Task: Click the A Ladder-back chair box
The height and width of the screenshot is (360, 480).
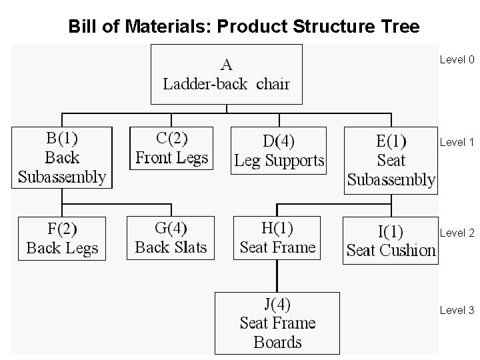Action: [x=227, y=74]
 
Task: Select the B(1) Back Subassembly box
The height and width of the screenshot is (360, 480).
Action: [x=62, y=158]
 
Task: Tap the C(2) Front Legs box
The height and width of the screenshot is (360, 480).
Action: [x=171, y=148]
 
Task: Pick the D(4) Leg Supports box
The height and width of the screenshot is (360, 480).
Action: [x=279, y=151]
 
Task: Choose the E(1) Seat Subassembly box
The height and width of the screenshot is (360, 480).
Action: [x=391, y=160]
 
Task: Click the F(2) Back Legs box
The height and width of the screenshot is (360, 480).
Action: [x=62, y=238]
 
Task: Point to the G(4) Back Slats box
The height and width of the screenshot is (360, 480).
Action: [x=171, y=237]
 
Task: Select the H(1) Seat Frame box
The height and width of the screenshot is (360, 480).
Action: [x=277, y=237]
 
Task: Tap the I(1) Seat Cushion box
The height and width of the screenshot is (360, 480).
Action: [x=391, y=240]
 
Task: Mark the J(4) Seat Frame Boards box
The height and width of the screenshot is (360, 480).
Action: [x=277, y=323]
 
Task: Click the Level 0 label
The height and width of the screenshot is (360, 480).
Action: [x=457, y=60]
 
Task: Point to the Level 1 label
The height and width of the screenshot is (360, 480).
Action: [x=457, y=142]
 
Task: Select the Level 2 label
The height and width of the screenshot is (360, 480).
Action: [x=457, y=233]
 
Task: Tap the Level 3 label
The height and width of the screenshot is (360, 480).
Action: [x=457, y=310]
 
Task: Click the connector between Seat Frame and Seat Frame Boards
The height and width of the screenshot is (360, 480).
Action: [x=277, y=276]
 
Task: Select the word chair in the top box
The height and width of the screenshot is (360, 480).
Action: [x=273, y=85]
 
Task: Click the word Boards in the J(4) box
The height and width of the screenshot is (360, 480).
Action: [x=277, y=343]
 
